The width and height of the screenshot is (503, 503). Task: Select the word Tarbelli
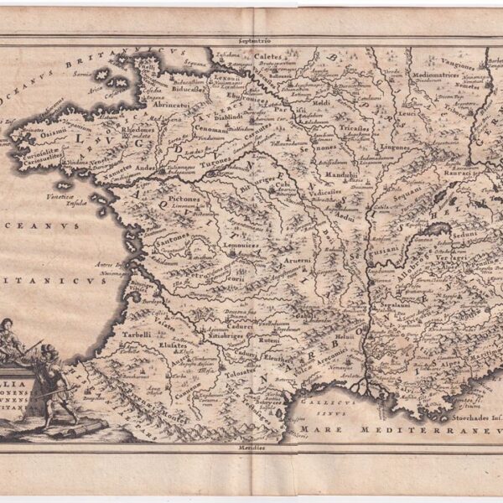(x=136, y=334)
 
